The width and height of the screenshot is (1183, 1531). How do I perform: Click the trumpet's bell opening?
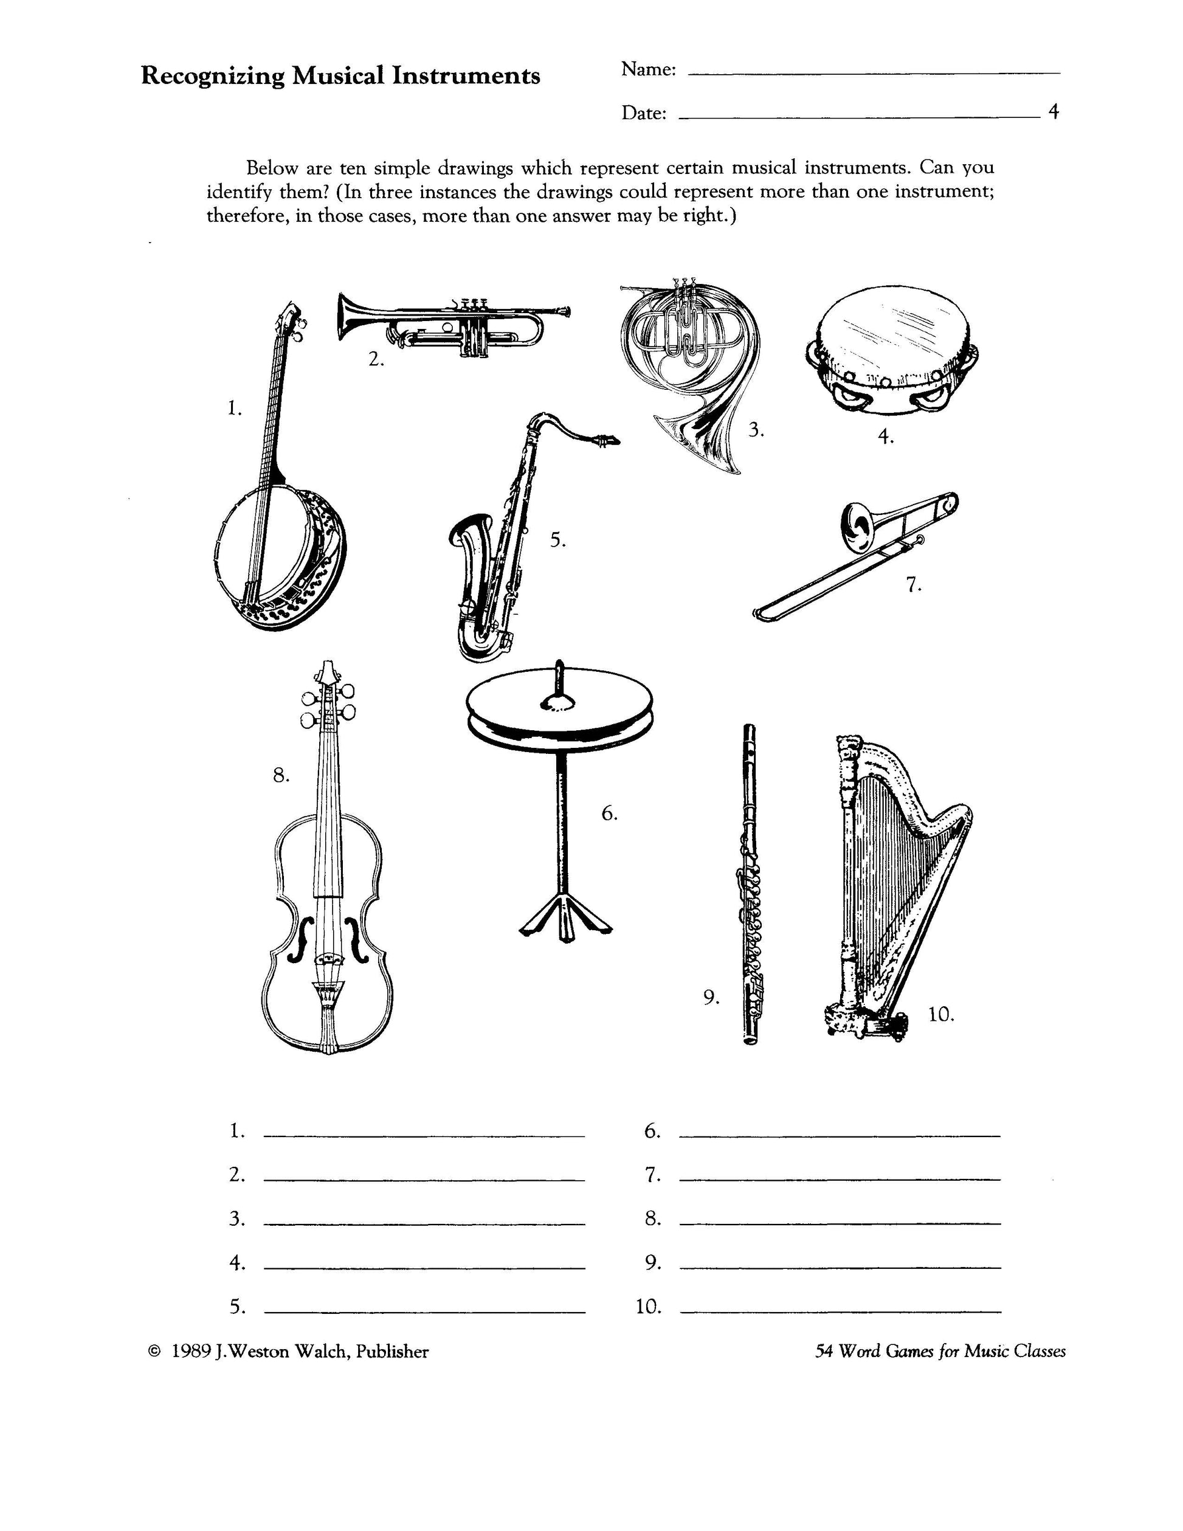(343, 317)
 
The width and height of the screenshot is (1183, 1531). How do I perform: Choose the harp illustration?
(894, 886)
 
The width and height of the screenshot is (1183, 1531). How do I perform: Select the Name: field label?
(648, 69)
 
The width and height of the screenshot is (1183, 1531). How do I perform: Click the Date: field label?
(643, 113)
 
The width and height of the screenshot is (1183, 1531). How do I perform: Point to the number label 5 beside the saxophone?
(558, 541)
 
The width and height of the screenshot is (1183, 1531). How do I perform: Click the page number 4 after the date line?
(1054, 111)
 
